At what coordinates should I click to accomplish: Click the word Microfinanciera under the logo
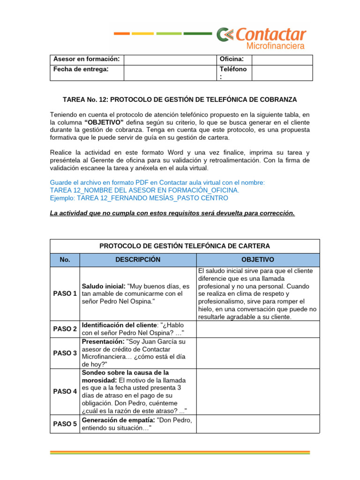pyautogui.click(x=275, y=46)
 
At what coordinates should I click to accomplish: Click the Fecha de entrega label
pyautogui.click(x=81, y=69)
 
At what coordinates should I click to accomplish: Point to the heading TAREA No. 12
pyautogui.click(x=180, y=100)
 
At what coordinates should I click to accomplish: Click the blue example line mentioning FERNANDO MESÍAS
pyautogui.click(x=139, y=198)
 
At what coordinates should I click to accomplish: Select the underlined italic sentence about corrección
pyautogui.click(x=172, y=213)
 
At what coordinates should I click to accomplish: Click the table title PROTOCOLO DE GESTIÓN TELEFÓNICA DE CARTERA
pyautogui.click(x=185, y=246)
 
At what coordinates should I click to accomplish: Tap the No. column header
pyautogui.click(x=65, y=260)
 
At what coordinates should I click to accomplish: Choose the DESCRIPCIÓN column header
pyautogui.click(x=138, y=260)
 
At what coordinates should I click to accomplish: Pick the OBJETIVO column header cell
pyautogui.click(x=257, y=260)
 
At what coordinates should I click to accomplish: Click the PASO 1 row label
pyautogui.click(x=65, y=293)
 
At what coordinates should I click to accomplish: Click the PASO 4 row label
pyautogui.click(x=65, y=391)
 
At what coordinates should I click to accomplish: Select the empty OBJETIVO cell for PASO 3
pyautogui.click(x=257, y=352)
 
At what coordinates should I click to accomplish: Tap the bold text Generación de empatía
pyautogui.click(x=118, y=420)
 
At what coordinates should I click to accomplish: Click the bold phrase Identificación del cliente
pyautogui.click(x=120, y=324)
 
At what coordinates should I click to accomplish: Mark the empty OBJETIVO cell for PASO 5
pyautogui.click(x=257, y=424)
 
